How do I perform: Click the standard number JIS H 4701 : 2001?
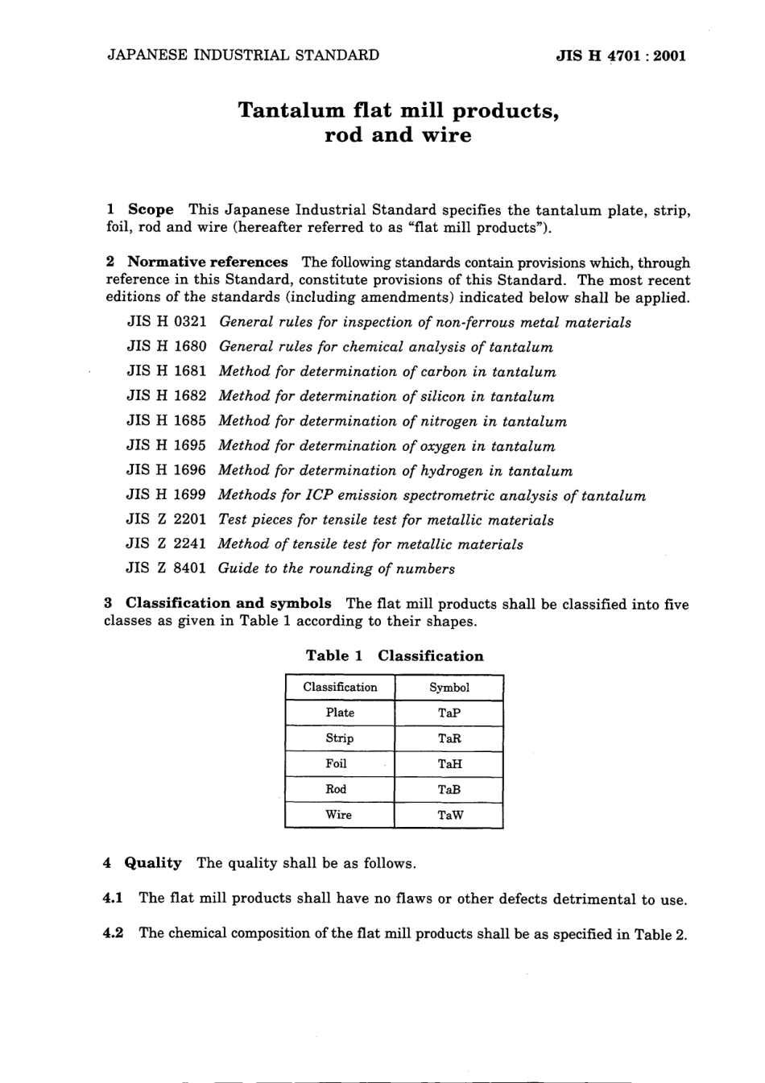tap(620, 56)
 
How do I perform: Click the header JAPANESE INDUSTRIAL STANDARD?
tap(242, 56)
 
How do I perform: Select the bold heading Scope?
tap(151, 209)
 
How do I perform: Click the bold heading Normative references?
tap(207, 262)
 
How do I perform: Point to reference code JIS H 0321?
tap(167, 322)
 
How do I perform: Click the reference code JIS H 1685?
tap(167, 421)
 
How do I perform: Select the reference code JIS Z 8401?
tap(167, 568)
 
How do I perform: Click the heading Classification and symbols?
tap(228, 603)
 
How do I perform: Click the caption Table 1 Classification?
tap(395, 655)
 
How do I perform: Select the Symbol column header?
tap(449, 688)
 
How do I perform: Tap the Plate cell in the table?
tap(340, 713)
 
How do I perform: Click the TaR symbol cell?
tap(449, 738)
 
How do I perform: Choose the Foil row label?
tap(337, 763)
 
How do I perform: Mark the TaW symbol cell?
tap(449, 815)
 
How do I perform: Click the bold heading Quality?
tap(153, 863)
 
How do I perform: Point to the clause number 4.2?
tap(114, 933)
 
